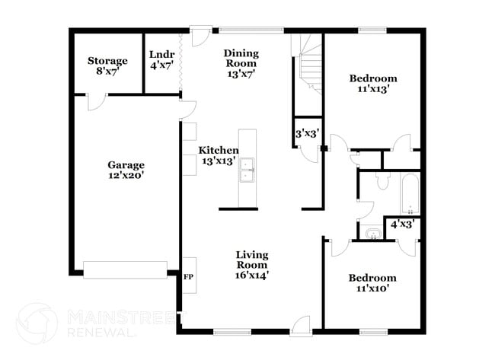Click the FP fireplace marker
coord(188,277)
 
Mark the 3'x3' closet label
coord(307,133)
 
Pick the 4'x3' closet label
coord(401,225)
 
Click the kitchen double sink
coord(247,170)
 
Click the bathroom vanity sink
coord(373,233)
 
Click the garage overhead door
coord(124,269)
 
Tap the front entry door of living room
coord(303,324)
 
